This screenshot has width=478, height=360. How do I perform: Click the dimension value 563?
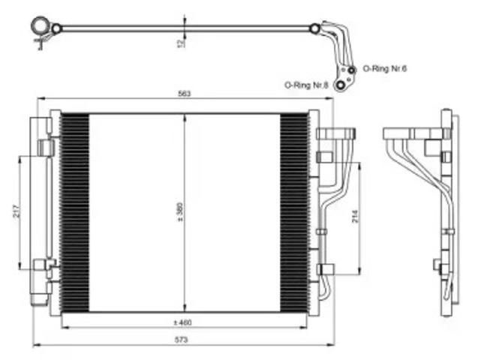click(184, 94)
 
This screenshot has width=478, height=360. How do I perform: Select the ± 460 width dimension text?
click(182, 322)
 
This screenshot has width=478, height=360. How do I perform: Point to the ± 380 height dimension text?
click(180, 211)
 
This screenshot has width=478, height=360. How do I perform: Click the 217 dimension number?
click(17, 211)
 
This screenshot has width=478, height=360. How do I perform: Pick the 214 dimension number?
click(356, 217)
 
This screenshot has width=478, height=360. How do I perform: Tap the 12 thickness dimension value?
click(180, 43)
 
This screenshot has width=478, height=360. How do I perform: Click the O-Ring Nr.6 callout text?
click(384, 68)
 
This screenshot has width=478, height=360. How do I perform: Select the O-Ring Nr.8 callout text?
click(306, 85)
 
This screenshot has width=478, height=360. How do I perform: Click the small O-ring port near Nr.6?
click(352, 70)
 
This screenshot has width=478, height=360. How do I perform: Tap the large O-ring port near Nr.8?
click(340, 85)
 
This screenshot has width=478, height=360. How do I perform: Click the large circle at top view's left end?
click(40, 26)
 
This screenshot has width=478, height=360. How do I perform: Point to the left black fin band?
click(75, 212)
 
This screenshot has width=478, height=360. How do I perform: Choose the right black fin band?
click(294, 212)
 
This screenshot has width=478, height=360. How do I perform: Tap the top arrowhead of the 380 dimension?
click(185, 118)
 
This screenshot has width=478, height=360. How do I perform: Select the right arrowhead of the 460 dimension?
click(304, 328)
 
